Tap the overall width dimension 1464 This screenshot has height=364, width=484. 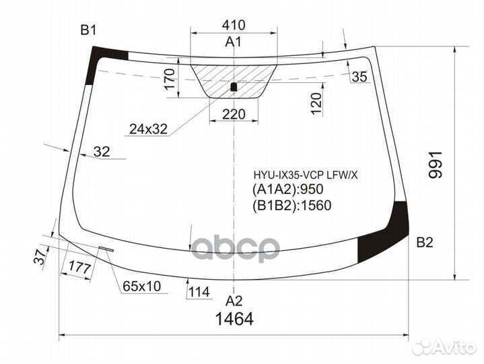pyautogui.click(x=234, y=320)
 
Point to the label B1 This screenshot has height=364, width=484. pyautogui.click(x=89, y=30)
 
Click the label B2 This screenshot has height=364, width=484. pyautogui.click(x=425, y=243)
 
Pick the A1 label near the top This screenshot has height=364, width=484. pyautogui.click(x=233, y=43)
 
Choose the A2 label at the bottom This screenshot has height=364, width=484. pyautogui.click(x=233, y=300)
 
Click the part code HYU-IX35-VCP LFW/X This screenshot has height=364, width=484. pyautogui.click(x=306, y=175)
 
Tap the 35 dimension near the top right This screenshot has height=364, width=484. pyautogui.click(x=359, y=77)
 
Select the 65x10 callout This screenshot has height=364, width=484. pyautogui.click(x=141, y=286)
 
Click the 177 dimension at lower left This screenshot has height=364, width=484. pyautogui.click(x=79, y=268)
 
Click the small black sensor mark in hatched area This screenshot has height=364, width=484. pyautogui.click(x=234, y=86)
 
